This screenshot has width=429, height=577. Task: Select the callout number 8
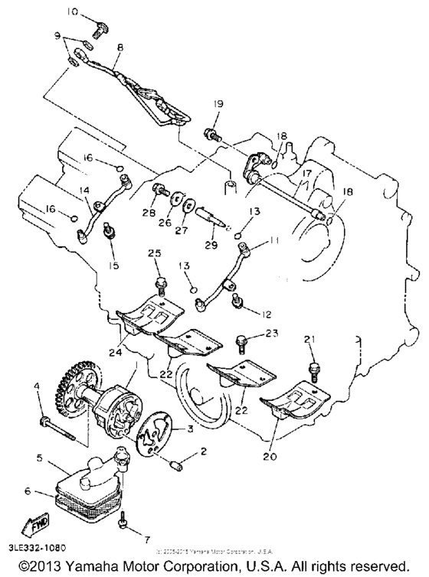coord(120,47)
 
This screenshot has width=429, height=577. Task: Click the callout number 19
coord(218,103)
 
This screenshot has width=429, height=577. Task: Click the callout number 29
coord(211,245)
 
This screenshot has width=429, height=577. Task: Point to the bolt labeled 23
coord(242,337)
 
